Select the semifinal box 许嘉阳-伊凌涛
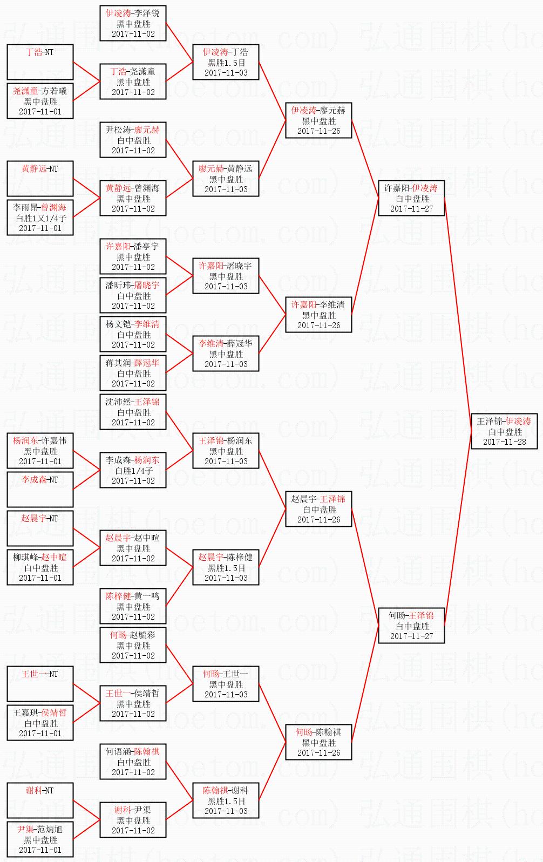[411, 198]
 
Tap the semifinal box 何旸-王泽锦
[411, 626]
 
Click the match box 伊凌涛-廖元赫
[318, 120]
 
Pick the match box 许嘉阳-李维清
[318, 315]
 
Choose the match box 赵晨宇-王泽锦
[318, 509]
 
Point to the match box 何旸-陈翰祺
[318, 742]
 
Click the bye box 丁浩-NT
[40, 62]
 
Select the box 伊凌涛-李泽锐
[133, 23]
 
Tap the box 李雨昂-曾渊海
[40, 218]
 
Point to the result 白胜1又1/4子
[40, 218]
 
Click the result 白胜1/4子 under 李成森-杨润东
[133, 471]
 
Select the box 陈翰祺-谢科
[226, 800]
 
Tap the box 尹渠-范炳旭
[40, 839]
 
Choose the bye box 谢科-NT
[40, 800]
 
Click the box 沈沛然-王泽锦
[133, 412]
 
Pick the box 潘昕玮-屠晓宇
[133, 295]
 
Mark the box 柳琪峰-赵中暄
[40, 567]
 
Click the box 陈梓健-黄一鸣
[133, 606]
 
